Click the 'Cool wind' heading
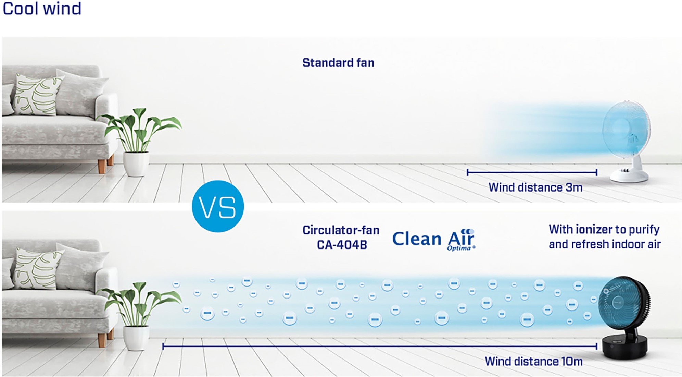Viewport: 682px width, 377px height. click(42, 9)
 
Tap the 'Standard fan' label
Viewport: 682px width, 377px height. click(338, 63)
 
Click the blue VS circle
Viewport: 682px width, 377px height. click(218, 206)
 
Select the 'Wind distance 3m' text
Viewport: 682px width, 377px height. click(535, 187)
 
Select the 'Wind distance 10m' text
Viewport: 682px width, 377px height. click(533, 361)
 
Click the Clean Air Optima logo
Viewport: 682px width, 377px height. click(434, 239)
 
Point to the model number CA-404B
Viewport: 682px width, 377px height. click(342, 245)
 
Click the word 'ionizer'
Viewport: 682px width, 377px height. click(594, 229)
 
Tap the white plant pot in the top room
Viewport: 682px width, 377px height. click(136, 164)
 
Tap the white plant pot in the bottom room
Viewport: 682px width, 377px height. click(136, 338)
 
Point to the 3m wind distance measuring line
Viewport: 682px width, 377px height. click(532, 172)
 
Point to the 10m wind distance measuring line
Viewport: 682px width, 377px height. click(380, 346)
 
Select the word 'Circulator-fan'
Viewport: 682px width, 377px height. click(341, 230)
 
